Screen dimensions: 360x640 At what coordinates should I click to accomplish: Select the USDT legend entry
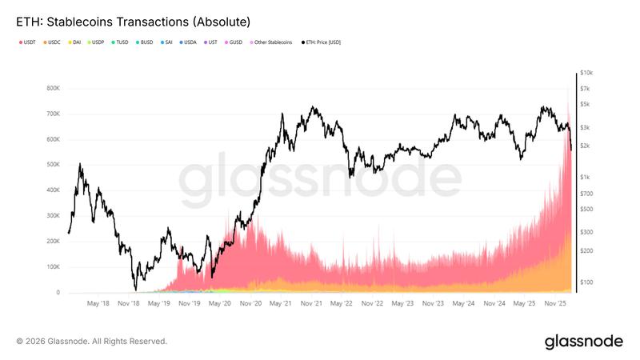27,42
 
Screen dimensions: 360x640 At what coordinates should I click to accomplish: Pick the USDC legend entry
52,42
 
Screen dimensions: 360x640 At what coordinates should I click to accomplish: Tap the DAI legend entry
75,42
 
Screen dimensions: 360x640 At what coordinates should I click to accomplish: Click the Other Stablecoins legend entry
273,42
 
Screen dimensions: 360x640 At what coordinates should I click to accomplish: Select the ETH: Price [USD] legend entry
322,42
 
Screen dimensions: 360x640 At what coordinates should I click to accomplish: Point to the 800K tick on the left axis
54,88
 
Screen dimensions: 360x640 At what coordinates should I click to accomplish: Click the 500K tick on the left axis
54,165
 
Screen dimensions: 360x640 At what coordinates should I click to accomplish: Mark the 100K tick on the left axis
54,267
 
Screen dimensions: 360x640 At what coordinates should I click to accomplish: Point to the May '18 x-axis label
98,304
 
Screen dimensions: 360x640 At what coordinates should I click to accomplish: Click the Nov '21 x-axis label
311,304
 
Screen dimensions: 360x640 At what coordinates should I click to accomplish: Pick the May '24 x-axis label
463,304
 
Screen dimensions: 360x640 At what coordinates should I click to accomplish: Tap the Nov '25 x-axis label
555,304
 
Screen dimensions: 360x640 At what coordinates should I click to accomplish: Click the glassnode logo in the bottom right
583,342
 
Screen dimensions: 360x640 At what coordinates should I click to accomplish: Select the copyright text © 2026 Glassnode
92,342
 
